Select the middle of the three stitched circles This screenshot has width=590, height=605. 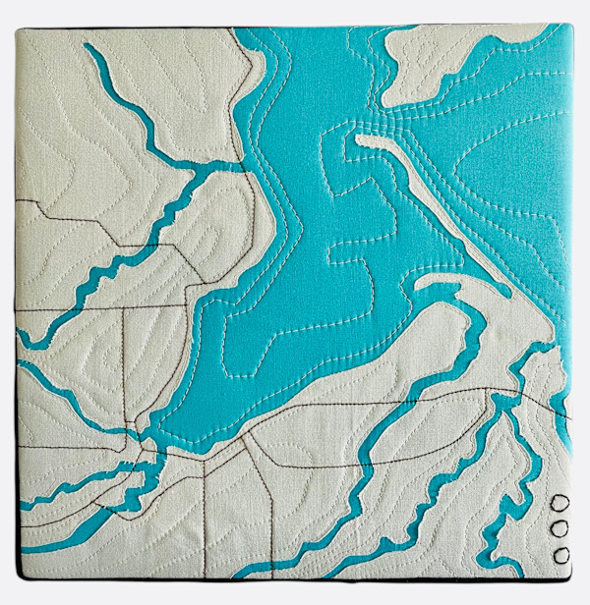tap(561, 530)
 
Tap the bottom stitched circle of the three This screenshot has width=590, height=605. tap(561, 555)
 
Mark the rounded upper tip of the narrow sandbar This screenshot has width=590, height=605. tap(361, 140)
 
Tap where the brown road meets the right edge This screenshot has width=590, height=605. tap(569, 418)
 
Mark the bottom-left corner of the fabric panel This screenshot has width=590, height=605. tap(19, 577)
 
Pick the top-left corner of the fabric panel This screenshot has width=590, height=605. tap(18, 29)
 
